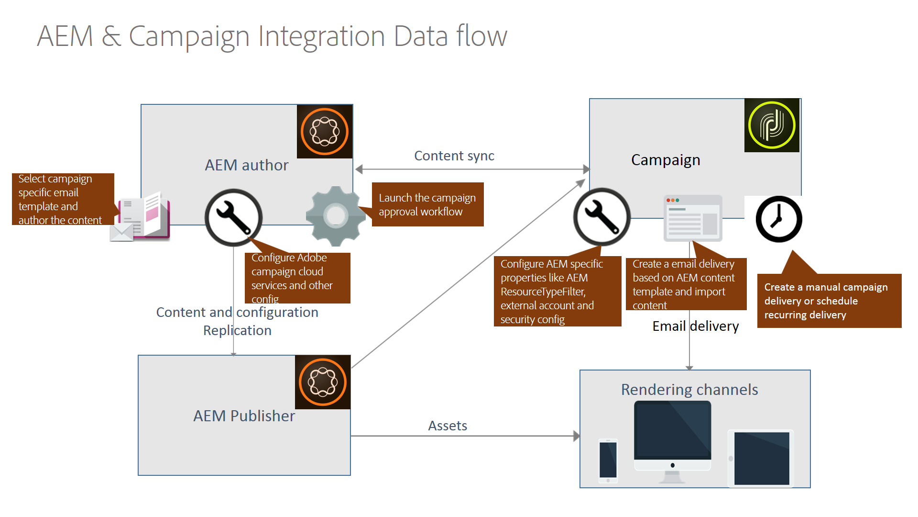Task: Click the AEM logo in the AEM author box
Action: [x=325, y=132]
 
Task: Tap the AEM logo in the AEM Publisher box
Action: [x=323, y=382]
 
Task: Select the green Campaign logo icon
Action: [x=772, y=125]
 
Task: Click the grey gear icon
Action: [x=336, y=216]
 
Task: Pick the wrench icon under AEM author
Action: [x=233, y=217]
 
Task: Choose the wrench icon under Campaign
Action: [x=601, y=216]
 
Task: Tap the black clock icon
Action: [x=779, y=219]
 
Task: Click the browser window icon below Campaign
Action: [x=693, y=218]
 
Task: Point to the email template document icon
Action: [x=141, y=218]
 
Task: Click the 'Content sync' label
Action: [x=454, y=156]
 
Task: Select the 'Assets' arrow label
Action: [x=447, y=426]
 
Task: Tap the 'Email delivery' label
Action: [x=695, y=326]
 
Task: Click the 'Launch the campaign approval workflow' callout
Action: [x=427, y=205]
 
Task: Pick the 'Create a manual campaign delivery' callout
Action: [x=829, y=301]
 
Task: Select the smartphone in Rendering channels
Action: [x=608, y=461]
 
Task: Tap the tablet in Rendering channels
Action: [x=761, y=458]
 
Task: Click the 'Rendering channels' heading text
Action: [x=689, y=390]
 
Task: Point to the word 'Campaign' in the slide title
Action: [x=189, y=36]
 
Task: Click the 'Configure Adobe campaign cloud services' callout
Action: [x=297, y=278]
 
